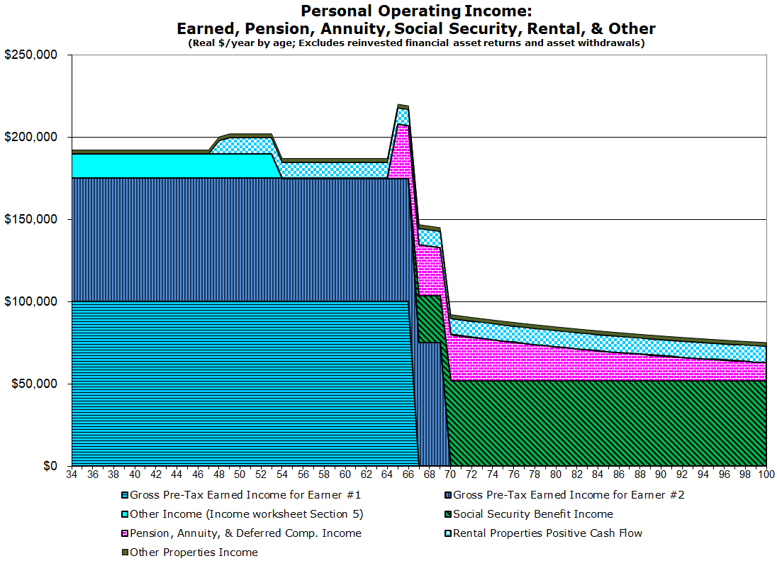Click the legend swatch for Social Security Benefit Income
point(448,514)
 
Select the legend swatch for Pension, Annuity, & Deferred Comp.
point(125,533)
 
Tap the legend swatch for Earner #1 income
point(125,495)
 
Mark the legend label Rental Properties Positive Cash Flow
point(547,533)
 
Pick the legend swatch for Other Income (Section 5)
point(125,514)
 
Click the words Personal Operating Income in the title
point(415,11)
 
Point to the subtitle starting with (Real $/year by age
point(415,43)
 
